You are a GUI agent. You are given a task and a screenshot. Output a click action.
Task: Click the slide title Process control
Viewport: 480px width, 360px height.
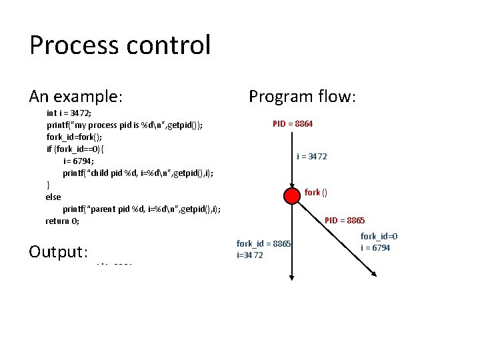click(x=120, y=45)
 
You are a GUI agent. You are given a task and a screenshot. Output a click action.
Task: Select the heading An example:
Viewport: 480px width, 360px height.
click(x=75, y=97)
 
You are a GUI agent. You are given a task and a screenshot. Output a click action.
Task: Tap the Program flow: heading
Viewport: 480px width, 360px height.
click(x=303, y=97)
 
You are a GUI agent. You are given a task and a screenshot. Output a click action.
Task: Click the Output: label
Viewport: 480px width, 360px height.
click(x=59, y=252)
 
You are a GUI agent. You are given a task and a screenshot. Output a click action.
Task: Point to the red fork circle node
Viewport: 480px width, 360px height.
click(x=292, y=195)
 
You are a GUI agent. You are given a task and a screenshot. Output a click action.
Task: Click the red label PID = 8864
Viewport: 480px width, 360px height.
click(x=293, y=124)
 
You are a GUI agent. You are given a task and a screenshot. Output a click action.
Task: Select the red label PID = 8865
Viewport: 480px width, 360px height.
click(x=345, y=221)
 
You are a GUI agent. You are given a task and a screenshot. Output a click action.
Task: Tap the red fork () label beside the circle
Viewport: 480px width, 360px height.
click(x=315, y=193)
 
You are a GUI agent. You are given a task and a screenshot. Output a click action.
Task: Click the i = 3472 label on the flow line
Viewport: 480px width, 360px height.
click(x=312, y=157)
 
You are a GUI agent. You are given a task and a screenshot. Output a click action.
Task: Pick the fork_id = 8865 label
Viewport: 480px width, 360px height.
click(x=263, y=244)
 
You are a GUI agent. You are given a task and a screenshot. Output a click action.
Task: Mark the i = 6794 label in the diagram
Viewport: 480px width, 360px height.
click(x=375, y=248)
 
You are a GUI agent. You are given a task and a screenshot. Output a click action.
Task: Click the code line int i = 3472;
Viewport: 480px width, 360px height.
click(x=69, y=113)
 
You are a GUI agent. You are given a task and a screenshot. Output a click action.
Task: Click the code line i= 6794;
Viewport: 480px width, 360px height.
click(x=79, y=161)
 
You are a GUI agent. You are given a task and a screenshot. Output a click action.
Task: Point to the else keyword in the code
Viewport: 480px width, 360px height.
click(x=53, y=197)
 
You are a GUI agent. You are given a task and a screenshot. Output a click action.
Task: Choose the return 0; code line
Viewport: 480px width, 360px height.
click(x=63, y=221)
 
